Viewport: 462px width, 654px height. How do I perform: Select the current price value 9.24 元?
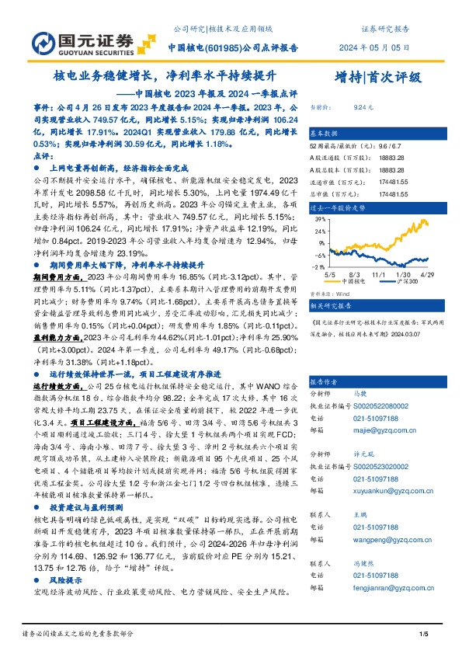coord(363,109)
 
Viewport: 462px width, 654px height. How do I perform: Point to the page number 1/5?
coord(424,635)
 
